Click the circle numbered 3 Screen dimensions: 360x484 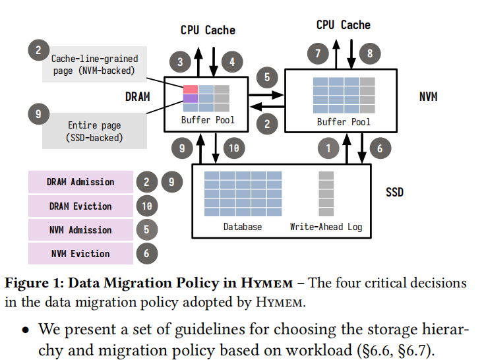(181, 62)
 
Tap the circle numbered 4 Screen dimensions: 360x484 (231, 62)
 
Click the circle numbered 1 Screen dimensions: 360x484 (327, 148)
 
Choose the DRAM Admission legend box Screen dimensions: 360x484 (80, 182)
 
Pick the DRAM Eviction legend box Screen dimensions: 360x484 (80, 206)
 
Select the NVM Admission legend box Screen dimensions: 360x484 (80, 229)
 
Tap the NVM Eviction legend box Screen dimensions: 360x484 (80, 253)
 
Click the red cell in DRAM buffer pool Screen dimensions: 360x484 (190, 89)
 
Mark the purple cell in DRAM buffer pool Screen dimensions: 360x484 (190, 98)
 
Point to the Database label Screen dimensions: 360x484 (242, 227)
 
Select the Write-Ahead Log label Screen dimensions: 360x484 (326, 227)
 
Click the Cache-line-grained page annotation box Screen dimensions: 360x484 (94, 65)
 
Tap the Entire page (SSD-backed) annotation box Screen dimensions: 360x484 (94, 131)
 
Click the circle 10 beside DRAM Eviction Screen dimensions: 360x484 (147, 206)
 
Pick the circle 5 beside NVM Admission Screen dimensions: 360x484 (147, 229)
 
